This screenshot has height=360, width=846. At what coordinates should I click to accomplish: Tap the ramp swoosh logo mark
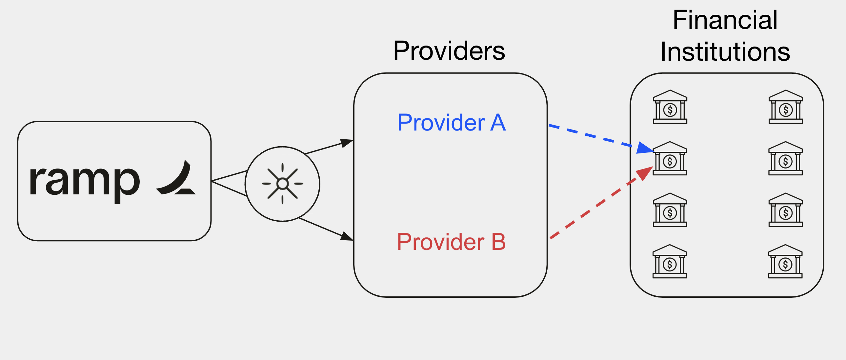[177, 179]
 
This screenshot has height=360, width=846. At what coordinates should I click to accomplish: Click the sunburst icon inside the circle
[282, 184]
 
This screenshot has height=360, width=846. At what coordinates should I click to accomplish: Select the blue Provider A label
[452, 123]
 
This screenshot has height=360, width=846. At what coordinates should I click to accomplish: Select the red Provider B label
[451, 242]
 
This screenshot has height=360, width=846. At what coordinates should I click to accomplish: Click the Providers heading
[449, 51]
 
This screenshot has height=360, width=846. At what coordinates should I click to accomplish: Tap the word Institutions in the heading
[725, 52]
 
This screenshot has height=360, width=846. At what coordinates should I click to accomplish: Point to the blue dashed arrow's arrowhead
[644, 148]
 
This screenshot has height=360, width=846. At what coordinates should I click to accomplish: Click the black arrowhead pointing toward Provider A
[346, 143]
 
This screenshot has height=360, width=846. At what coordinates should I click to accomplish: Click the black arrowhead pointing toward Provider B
[346, 236]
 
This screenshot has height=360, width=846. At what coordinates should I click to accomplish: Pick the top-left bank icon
[670, 107]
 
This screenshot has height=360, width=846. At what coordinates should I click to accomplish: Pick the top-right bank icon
[786, 107]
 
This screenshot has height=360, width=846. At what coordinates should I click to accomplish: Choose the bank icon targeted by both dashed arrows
[670, 159]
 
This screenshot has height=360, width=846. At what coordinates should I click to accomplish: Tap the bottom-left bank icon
[670, 261]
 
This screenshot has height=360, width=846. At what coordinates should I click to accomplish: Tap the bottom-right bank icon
[785, 261]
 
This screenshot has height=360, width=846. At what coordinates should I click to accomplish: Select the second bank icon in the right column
[785, 159]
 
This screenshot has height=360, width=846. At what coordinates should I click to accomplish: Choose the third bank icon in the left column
[670, 210]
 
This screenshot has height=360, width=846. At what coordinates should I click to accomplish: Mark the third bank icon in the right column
[786, 210]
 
